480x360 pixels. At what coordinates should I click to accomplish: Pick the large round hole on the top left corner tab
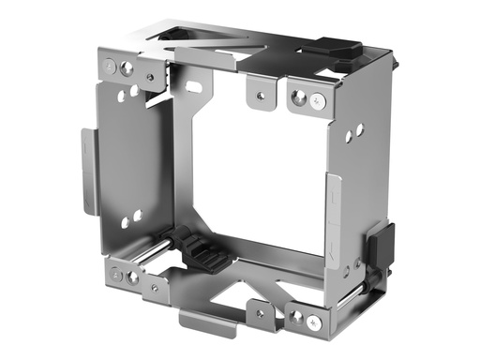(x=127, y=67)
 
